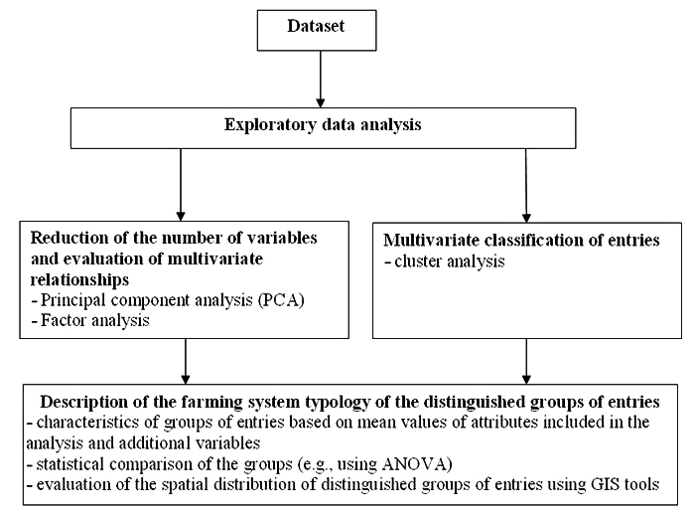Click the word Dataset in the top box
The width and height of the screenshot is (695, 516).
(316, 26)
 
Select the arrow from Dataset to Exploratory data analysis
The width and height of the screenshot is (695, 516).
(320, 79)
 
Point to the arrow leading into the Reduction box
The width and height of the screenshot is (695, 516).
(181, 185)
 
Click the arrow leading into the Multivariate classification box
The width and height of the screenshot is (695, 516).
(526, 186)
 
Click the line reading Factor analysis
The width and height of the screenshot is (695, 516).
(90, 320)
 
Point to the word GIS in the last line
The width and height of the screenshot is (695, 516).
(606, 484)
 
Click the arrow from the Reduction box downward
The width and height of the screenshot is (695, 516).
(186, 361)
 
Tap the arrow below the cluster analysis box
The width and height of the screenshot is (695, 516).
(526, 361)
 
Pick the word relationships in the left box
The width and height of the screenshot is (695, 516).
(79, 279)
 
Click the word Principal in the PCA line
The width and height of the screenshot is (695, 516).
(73, 300)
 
